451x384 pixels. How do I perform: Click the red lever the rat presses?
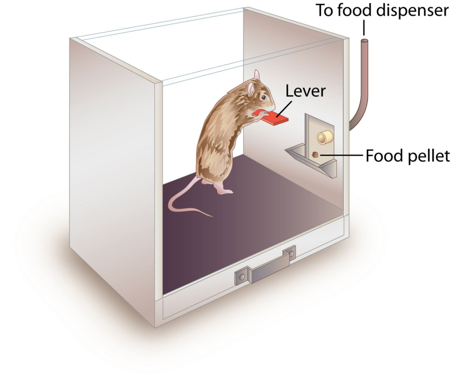(x=274, y=118)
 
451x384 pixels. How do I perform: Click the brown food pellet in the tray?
(x=315, y=155)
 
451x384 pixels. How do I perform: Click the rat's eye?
(x=263, y=97)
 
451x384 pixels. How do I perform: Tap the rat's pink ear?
(x=251, y=89)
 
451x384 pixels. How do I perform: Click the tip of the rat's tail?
(x=212, y=216)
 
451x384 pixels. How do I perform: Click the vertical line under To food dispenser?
(x=364, y=28)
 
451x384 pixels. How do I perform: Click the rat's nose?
(x=274, y=105)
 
